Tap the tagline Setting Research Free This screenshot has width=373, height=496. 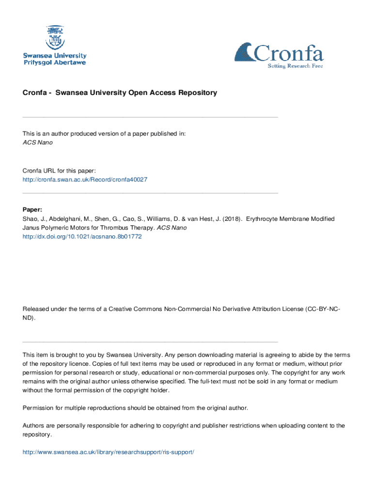click(x=295, y=66)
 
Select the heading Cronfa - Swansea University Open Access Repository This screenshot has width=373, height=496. click(x=120, y=93)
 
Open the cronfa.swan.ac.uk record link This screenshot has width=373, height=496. click(x=85, y=180)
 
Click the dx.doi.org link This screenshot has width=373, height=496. click(x=82, y=237)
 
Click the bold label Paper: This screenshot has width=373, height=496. click(x=32, y=210)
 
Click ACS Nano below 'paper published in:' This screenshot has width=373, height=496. click(x=38, y=143)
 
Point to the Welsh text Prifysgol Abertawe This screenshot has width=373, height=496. click(x=55, y=63)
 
